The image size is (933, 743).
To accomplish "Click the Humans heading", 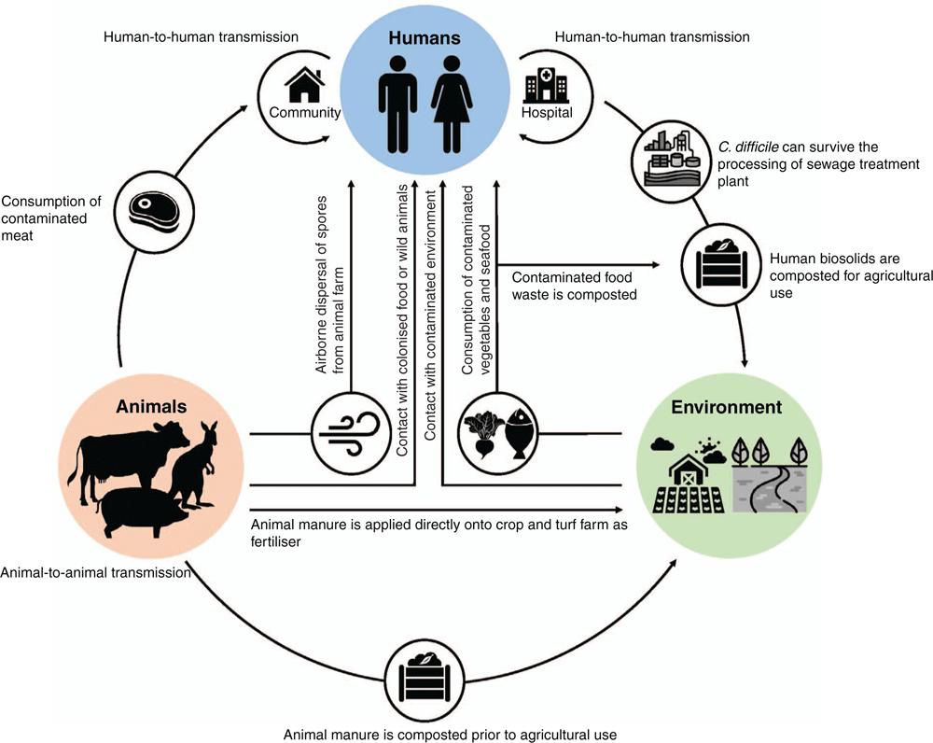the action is [425, 38].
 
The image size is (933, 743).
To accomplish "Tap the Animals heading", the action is [151, 407].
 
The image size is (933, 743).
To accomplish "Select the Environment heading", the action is [727, 407].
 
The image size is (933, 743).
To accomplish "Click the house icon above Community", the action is [305, 85].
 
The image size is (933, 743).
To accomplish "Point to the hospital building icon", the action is [546, 85].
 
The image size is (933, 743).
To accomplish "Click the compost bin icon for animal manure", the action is [424, 680].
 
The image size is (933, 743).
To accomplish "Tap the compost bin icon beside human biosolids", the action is [721, 264].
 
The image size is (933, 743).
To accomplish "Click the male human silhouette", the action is [397, 105].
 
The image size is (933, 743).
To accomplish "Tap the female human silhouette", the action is [452, 105].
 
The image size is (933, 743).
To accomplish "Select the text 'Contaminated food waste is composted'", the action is [574, 286].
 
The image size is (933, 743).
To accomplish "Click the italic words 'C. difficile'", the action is [748, 147].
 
